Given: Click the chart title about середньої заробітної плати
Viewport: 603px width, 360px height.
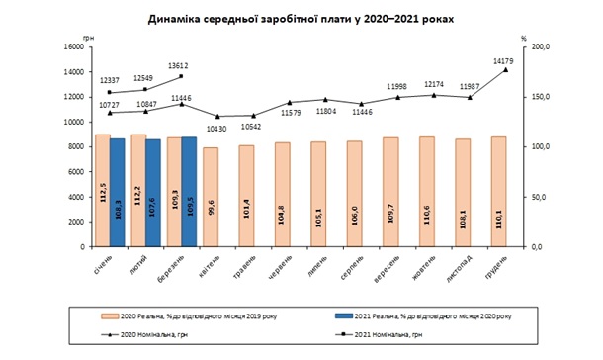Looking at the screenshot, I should coord(301,19).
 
